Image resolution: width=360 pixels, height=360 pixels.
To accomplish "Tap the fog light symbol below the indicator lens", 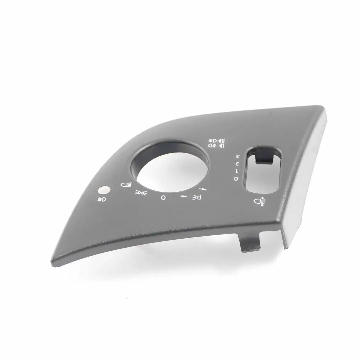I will (x=102, y=199).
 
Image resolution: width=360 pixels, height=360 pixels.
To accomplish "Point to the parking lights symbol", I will (x=140, y=193).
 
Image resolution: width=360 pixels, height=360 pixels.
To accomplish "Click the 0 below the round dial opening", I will (x=163, y=198).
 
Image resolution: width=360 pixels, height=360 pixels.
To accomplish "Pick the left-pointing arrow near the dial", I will (x=183, y=197).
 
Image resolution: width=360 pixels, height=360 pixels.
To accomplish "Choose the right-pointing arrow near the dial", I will (x=204, y=189).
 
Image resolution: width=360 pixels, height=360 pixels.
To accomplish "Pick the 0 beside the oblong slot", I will (x=236, y=179).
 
